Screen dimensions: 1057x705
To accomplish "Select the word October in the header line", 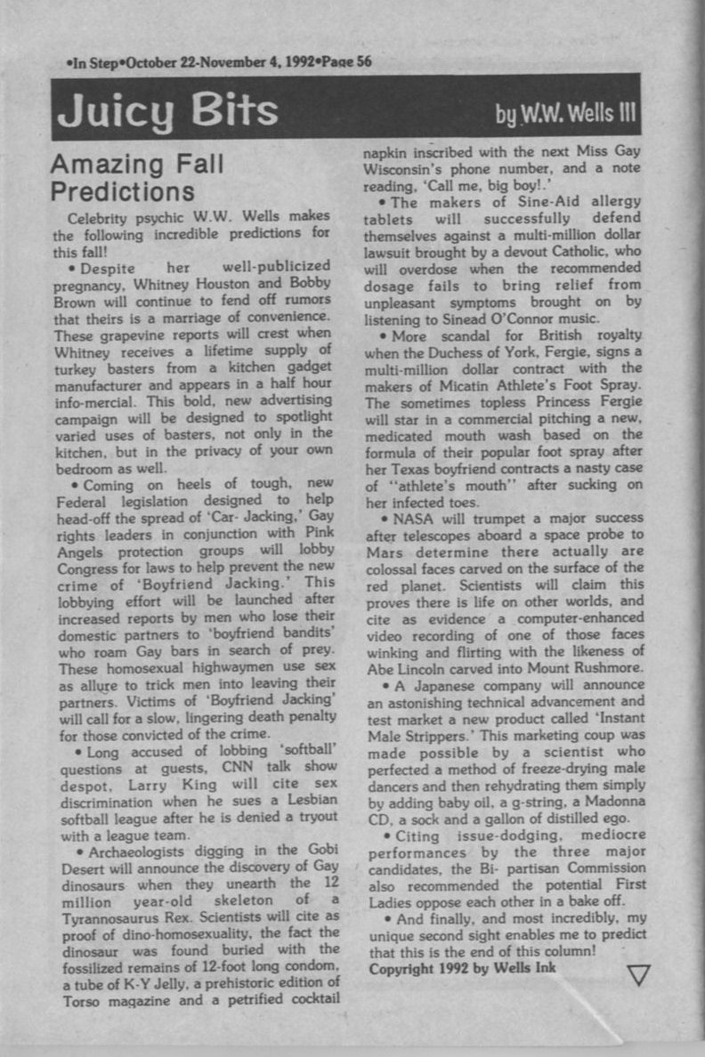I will pyautogui.click(x=154, y=61).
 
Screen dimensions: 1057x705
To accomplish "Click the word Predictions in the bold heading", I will pyautogui.click(x=123, y=191).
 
